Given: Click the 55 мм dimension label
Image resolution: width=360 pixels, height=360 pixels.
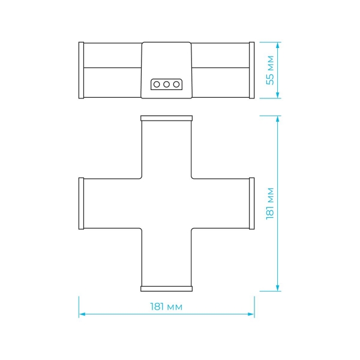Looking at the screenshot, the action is tap(270, 70).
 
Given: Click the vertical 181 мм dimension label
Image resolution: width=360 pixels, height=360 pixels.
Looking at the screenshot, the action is tap(270, 203).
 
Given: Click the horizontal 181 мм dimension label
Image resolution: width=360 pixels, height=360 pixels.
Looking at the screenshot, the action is tap(166, 307).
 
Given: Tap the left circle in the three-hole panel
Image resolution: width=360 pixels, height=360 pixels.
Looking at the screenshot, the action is tap(157, 85).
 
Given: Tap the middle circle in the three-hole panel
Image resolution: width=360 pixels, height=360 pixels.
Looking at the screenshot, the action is tap(166, 85).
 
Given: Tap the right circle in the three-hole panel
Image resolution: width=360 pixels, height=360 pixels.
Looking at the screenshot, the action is tap(176, 85).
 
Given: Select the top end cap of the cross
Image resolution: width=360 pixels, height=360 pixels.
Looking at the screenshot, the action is tap(166, 118).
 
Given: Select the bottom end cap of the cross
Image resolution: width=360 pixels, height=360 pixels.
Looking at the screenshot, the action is tap(166, 289).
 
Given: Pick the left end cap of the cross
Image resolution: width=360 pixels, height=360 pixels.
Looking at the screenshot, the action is tap(81, 203).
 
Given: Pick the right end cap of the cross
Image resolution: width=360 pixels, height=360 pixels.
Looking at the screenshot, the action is tap(251, 203).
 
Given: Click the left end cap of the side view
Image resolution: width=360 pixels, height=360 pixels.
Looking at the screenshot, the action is tap(81, 70).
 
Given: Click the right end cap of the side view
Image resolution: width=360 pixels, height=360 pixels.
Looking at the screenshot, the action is tap(251, 70).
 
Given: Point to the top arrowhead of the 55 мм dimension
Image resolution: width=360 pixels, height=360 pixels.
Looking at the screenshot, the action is tap(278, 45).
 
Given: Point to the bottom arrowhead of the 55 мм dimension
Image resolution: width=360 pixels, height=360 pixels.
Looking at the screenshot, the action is tap(278, 95).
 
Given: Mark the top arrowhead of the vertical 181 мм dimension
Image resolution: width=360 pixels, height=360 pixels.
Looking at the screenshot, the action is tap(278, 119).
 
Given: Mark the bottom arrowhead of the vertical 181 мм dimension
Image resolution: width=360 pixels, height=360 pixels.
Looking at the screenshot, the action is tap(278, 288).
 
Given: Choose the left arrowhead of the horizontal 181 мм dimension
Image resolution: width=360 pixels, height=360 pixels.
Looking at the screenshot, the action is tap(82, 314).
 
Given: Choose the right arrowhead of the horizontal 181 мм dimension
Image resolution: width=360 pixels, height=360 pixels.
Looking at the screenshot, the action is tap(251, 314).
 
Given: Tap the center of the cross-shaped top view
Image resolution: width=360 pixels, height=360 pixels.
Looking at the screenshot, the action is tap(166, 203).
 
